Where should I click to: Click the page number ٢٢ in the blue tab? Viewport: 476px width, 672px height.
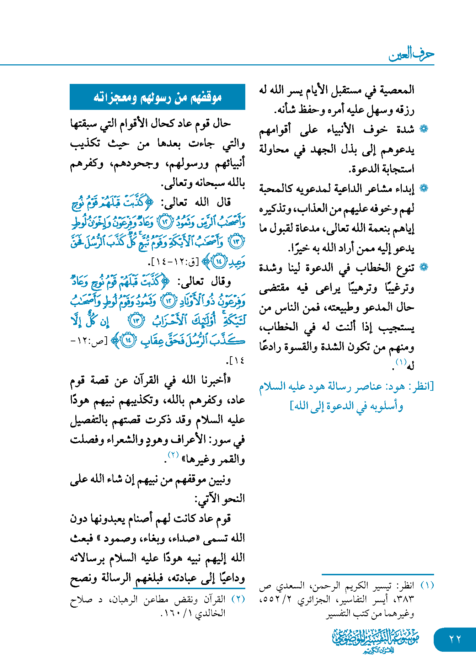tap(455, 639)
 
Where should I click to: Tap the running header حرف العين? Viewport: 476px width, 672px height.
tap(411, 54)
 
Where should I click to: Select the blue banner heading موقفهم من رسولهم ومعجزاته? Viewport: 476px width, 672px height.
tap(157, 97)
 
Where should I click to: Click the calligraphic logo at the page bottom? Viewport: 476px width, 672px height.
tap(376, 640)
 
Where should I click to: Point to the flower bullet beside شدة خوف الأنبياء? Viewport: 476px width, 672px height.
tap(424, 129)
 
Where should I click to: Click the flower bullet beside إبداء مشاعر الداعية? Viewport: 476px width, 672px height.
tap(424, 188)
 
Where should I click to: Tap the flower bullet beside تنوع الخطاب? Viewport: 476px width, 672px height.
tap(424, 267)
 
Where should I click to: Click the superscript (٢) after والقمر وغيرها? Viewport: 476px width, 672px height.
tap(173, 455)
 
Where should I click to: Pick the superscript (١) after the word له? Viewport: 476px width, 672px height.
tap(401, 362)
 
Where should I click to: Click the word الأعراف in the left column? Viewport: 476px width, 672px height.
tap(192, 440)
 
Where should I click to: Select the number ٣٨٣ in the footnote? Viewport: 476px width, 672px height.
tap(405, 599)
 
